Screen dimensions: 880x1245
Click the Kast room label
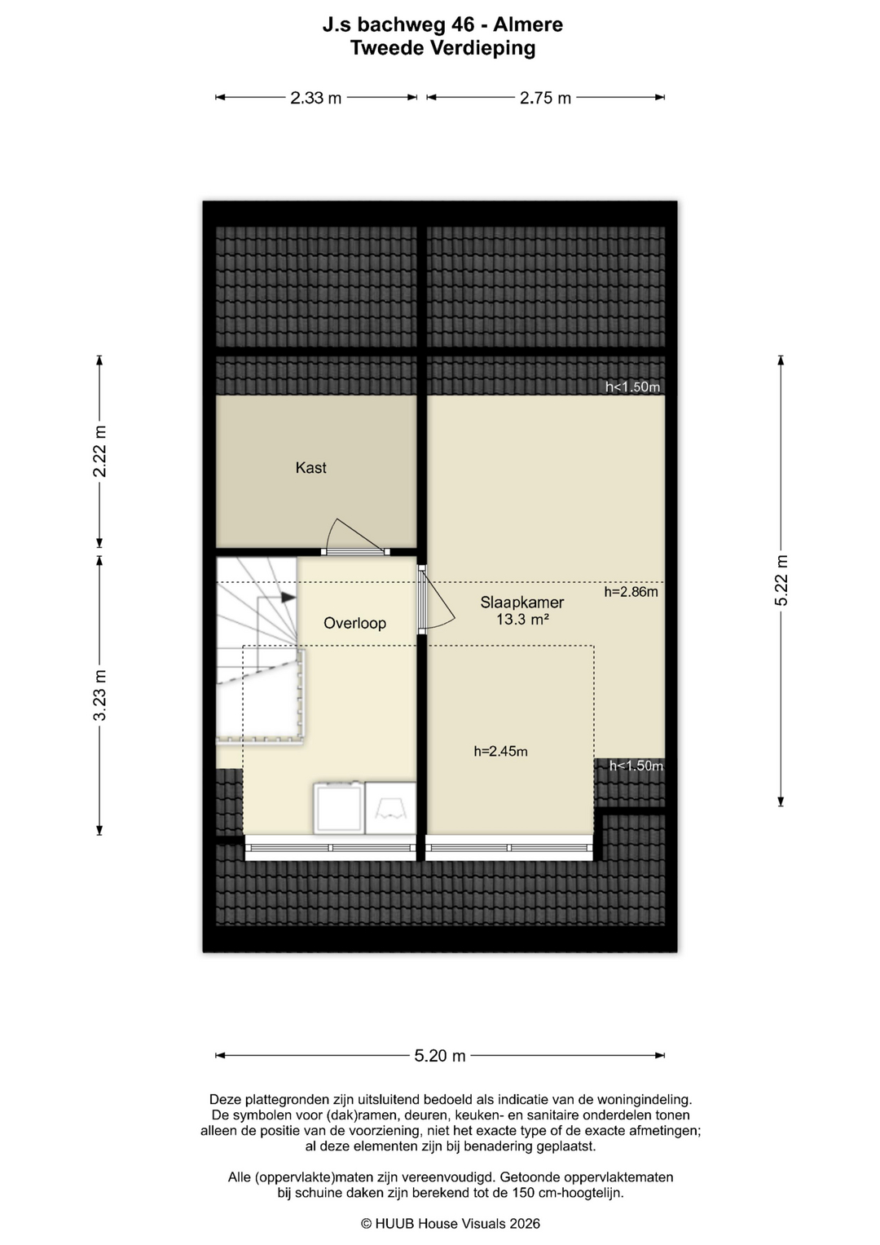310,467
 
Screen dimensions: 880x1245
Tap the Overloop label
354,623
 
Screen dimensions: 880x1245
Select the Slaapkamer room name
521,602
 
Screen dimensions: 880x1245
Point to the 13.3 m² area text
522,619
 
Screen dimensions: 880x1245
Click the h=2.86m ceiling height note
631,591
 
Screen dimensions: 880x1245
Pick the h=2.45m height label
500,752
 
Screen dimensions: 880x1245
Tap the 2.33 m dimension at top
315,98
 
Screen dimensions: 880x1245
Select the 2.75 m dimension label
546,98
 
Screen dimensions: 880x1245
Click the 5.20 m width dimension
440,1055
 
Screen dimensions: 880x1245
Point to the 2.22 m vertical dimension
99,452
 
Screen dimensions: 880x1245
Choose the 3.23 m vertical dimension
99,695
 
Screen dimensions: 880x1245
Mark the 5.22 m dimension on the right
781,581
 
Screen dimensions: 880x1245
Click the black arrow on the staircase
288,598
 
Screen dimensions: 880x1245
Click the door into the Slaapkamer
436,599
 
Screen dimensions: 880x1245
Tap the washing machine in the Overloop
339,808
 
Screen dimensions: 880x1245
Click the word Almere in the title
528,25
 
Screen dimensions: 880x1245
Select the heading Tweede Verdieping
442,48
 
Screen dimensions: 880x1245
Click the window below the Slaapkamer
509,848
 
